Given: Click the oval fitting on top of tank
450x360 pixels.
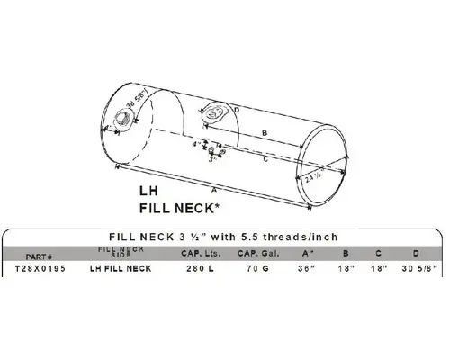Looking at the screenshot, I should tap(216, 113).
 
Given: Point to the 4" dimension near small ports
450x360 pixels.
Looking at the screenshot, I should tap(195, 143).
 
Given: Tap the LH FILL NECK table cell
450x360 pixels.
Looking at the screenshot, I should tap(121, 268).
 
